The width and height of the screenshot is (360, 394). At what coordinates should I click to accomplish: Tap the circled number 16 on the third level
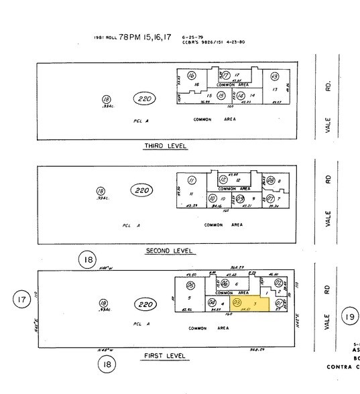coord(192,76)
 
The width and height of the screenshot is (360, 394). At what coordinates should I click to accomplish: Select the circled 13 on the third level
coord(274,77)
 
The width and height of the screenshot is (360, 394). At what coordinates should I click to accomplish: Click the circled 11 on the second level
coord(192,180)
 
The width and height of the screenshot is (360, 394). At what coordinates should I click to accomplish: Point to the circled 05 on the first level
coord(190,285)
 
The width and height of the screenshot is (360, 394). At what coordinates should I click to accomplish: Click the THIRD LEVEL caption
coord(165,146)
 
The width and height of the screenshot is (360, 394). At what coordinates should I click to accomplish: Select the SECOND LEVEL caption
coord(170,251)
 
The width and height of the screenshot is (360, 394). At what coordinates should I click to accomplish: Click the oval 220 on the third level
coord(146,99)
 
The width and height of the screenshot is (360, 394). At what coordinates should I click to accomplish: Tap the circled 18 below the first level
coord(106,365)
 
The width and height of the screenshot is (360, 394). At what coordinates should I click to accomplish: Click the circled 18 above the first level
coord(88,259)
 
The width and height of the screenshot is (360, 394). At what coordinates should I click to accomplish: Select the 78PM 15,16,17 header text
coord(150,38)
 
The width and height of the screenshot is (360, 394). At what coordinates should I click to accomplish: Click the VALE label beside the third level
coord(328,127)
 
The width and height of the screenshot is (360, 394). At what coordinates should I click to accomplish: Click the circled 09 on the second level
coord(240,198)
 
